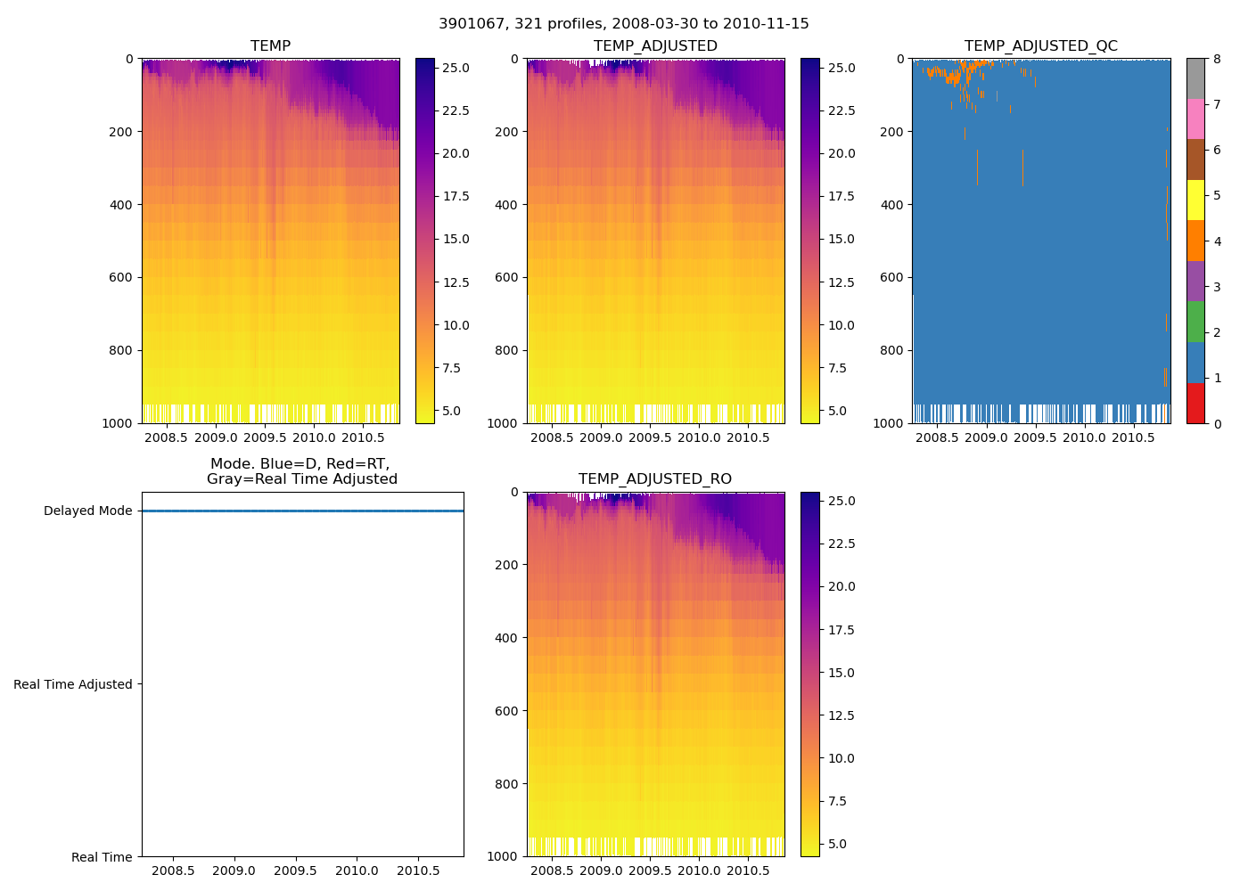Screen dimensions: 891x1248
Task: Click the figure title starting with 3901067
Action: tap(623, 24)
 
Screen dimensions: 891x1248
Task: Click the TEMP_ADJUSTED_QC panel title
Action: tap(1040, 46)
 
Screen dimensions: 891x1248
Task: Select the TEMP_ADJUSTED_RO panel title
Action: tap(655, 479)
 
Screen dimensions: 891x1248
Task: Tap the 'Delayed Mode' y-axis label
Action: tap(87, 511)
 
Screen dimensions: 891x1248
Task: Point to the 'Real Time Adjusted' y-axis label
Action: tap(72, 684)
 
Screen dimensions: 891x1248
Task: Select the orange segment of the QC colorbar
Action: tap(1195, 241)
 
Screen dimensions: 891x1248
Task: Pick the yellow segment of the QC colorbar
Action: tap(1195, 200)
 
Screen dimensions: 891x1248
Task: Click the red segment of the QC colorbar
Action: tap(1195, 404)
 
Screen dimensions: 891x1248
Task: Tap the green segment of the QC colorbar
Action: tap(1195, 322)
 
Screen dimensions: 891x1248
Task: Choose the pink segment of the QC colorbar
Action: tap(1195, 119)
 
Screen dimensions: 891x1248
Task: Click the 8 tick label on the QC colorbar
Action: tap(1216, 60)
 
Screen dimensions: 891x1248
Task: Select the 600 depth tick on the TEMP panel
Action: tap(122, 278)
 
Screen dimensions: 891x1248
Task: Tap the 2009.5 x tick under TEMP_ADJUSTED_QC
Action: tap(1035, 437)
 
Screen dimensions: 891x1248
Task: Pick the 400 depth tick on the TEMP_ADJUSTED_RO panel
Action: tap(507, 638)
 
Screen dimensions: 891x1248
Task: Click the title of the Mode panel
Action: tap(301, 471)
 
